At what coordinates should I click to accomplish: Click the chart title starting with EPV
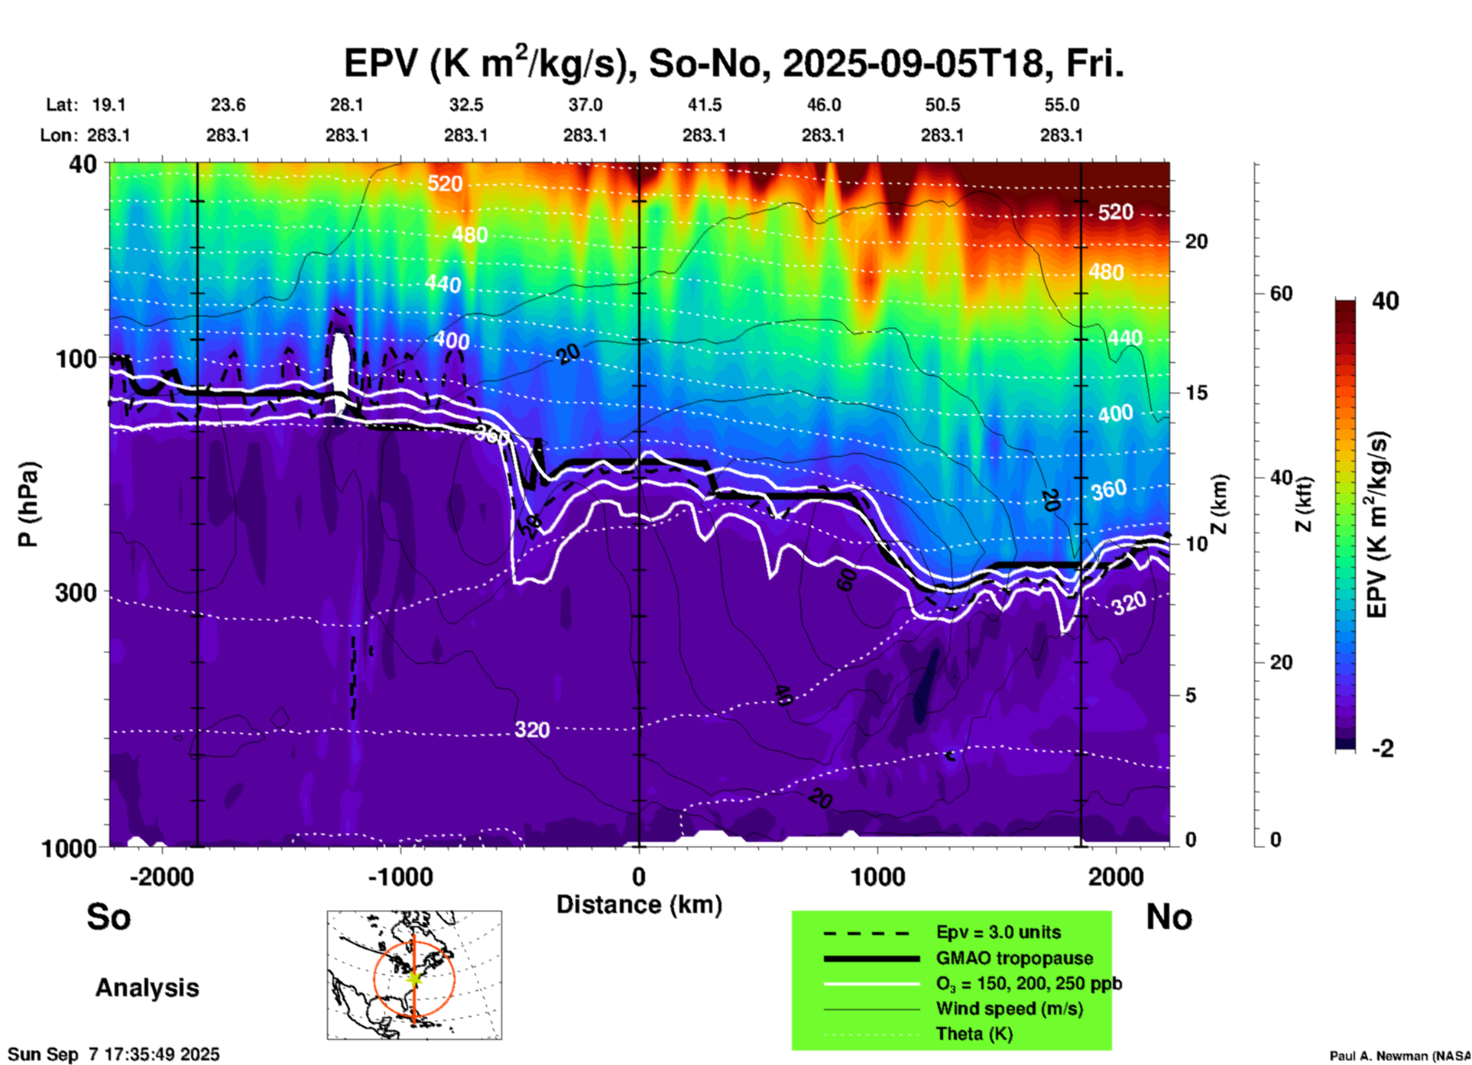click(734, 63)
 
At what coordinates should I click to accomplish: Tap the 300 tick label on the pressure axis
click(76, 592)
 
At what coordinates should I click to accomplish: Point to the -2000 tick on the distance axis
click(162, 876)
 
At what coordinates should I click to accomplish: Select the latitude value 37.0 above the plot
click(585, 105)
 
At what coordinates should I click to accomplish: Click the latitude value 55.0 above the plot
click(1062, 105)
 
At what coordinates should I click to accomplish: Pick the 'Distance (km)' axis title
click(639, 905)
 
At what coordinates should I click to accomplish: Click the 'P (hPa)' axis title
click(28, 504)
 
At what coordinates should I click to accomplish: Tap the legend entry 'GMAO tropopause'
click(1014, 958)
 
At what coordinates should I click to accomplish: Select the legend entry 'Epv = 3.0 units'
click(998, 932)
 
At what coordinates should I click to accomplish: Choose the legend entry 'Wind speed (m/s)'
click(1009, 1008)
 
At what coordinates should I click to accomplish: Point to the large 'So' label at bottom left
click(109, 917)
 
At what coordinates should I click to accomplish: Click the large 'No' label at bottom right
click(1169, 917)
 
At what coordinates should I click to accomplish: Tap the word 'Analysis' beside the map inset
click(147, 988)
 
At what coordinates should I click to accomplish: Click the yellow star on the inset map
click(414, 977)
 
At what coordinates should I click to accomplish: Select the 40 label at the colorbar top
click(1385, 301)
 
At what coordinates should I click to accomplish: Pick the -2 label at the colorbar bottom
click(1382, 749)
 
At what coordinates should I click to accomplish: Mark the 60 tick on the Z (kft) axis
click(1281, 293)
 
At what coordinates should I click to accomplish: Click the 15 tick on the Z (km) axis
click(1196, 393)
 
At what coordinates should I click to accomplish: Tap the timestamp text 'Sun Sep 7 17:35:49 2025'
click(114, 1054)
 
